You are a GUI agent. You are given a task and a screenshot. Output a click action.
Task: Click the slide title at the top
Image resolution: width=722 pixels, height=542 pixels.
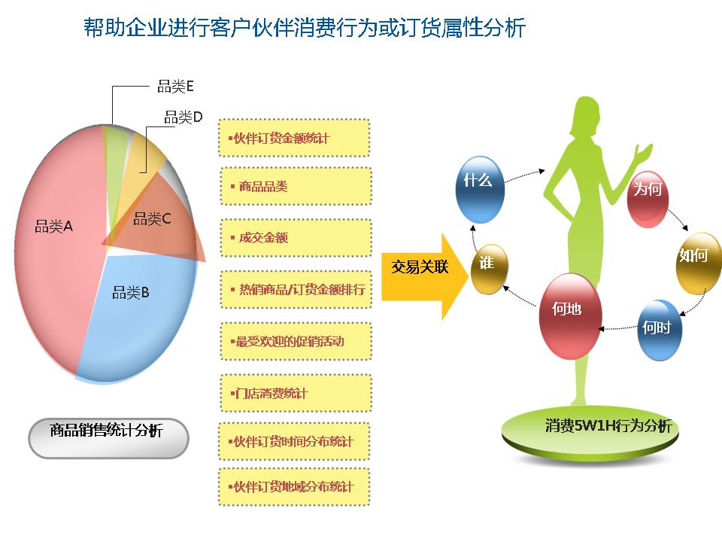pyautogui.click(x=305, y=28)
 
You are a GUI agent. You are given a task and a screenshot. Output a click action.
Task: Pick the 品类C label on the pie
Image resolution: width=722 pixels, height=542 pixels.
pyautogui.click(x=152, y=218)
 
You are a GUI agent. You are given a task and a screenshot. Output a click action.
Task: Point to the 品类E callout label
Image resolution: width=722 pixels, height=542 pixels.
pyautogui.click(x=175, y=86)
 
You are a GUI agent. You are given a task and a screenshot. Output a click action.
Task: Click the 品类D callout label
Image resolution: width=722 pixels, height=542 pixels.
pyautogui.click(x=184, y=117)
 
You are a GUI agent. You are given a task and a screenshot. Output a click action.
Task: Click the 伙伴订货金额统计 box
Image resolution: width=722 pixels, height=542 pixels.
pyautogui.click(x=294, y=138)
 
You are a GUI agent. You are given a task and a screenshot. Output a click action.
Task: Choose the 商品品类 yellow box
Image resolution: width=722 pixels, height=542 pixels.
pyautogui.click(x=296, y=186)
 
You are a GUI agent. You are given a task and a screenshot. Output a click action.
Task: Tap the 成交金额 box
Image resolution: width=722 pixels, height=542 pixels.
pyautogui.click(x=296, y=238)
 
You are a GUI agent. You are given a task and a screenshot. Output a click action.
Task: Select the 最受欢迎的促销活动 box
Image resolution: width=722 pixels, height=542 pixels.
pyautogui.click(x=296, y=342)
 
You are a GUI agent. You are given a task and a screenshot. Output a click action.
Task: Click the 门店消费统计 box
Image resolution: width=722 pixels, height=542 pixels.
pyautogui.click(x=296, y=393)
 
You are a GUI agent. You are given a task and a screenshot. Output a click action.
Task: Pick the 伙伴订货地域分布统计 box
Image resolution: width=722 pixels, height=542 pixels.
pyautogui.click(x=294, y=487)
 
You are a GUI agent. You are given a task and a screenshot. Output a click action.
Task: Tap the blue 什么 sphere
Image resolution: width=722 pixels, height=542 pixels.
pyautogui.click(x=479, y=190)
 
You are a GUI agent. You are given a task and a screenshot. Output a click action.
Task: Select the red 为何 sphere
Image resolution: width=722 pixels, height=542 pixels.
pyautogui.click(x=648, y=199)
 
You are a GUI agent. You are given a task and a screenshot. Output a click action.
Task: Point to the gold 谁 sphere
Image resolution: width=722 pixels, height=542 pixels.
pyautogui.click(x=489, y=269)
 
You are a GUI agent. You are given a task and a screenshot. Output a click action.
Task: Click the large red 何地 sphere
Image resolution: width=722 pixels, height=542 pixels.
pyautogui.click(x=570, y=316)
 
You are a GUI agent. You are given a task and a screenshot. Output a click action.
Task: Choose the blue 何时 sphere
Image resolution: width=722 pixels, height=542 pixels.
pyautogui.click(x=660, y=330)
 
